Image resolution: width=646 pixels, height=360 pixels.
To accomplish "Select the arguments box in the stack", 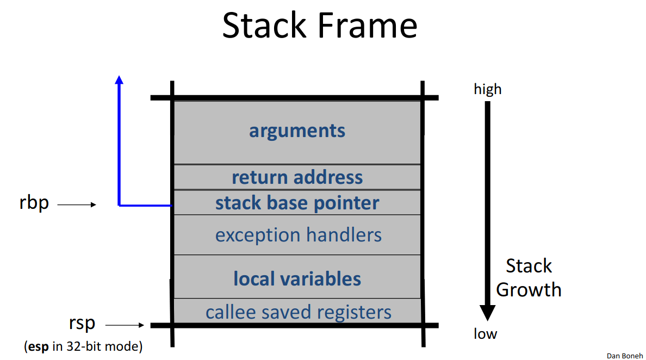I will (x=297, y=131).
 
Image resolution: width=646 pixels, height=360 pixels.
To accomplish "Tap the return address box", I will (x=297, y=177).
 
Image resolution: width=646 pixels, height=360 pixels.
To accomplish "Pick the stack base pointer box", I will (x=297, y=203).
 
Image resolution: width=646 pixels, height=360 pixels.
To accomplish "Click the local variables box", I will (x=297, y=278).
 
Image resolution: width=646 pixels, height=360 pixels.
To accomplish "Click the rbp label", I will (x=34, y=203).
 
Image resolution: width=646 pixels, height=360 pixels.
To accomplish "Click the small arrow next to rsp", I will (x=125, y=325).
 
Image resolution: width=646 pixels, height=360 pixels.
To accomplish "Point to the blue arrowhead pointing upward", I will (x=119, y=80).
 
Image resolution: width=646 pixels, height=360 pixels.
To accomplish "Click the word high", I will (x=487, y=89).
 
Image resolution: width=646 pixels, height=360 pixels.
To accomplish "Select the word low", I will (x=484, y=333).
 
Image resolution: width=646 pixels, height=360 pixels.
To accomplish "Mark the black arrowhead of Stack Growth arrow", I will (x=487, y=313).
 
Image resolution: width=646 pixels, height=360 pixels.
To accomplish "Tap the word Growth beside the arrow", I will (x=528, y=289).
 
